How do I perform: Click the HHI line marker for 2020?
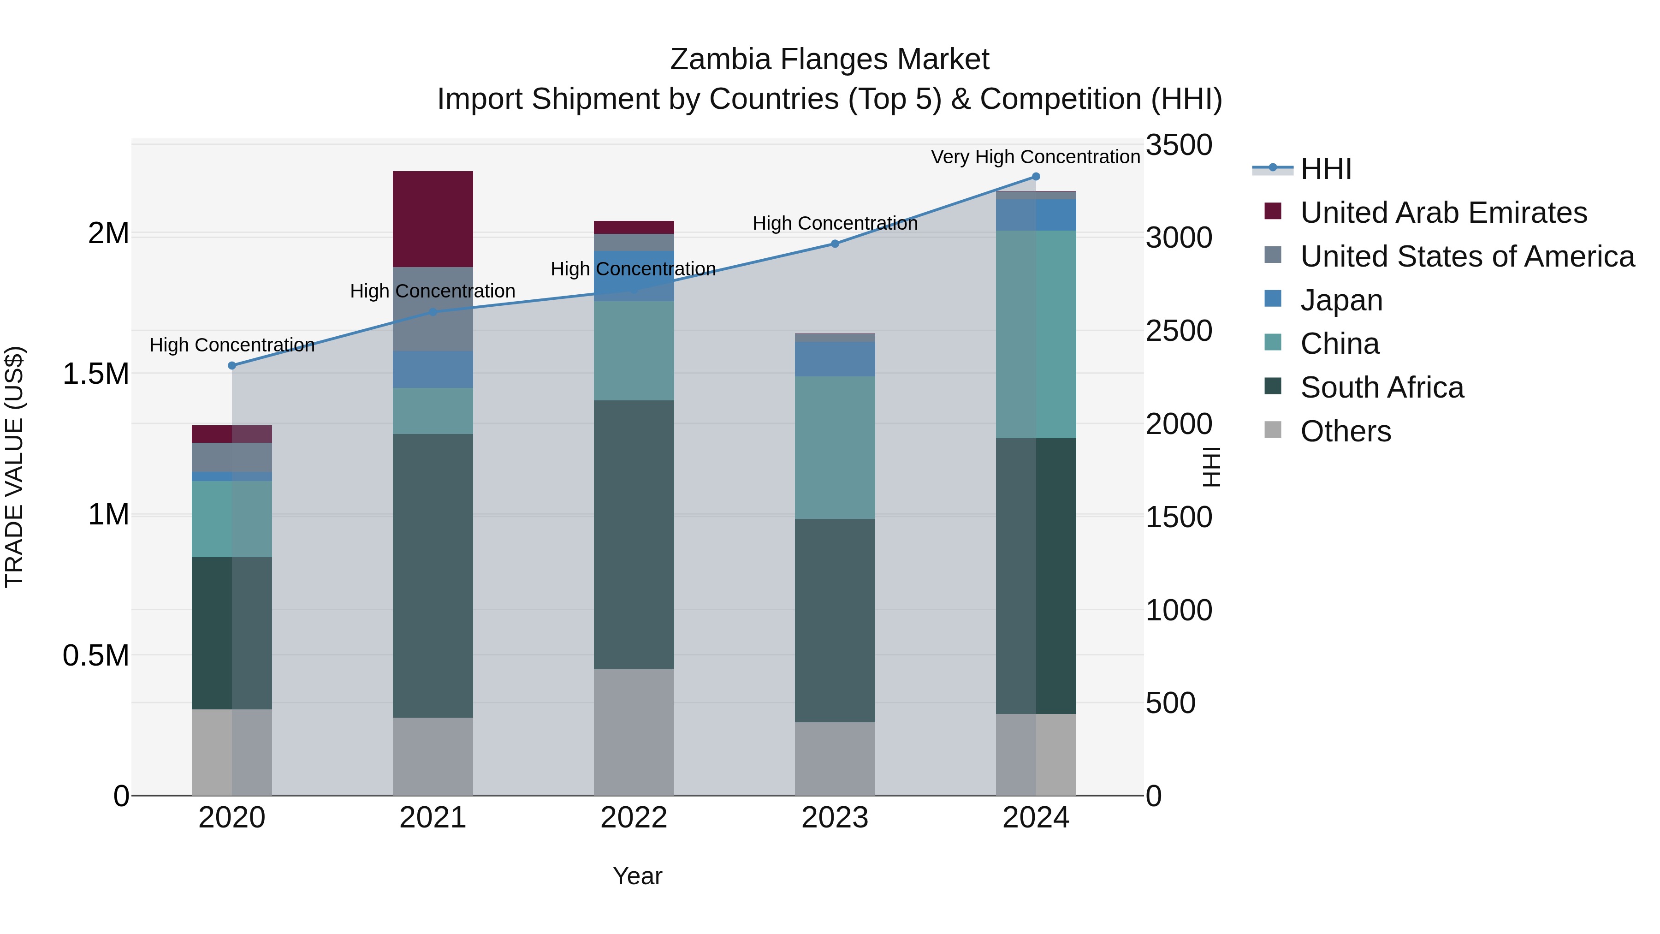232,365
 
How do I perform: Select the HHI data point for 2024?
1036,177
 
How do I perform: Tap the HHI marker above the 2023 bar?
835,244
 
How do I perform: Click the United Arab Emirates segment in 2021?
433,219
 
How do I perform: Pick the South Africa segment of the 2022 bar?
634,535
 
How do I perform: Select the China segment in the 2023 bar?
835,447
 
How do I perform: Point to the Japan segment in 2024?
1036,214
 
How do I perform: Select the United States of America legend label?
1467,256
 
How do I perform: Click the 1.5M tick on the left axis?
95,374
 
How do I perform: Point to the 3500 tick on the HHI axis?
1179,145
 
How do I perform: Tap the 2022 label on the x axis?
634,818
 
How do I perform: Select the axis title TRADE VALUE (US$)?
14,467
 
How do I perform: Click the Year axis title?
637,876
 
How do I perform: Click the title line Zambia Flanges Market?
830,59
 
